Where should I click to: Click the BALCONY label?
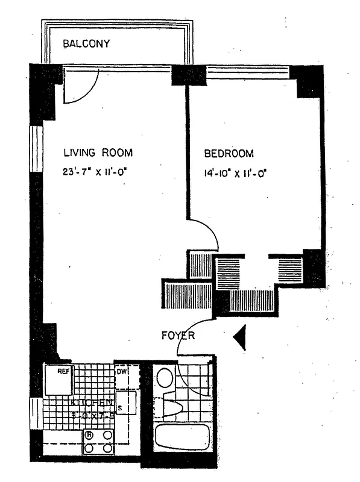pyautogui.click(x=87, y=43)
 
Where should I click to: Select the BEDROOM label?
pyautogui.click(x=229, y=153)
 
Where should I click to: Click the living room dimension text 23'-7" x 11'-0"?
pyautogui.click(x=96, y=171)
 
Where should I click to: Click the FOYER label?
pyautogui.click(x=178, y=335)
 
